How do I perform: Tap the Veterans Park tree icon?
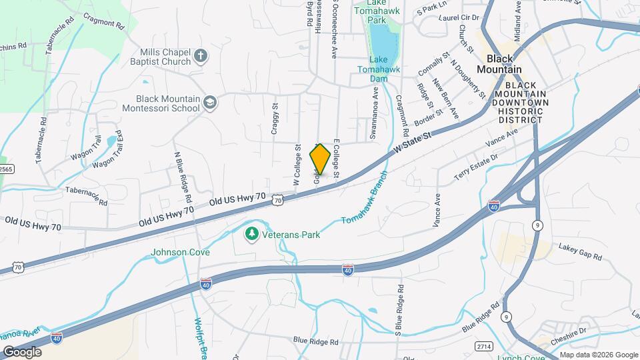[251, 234]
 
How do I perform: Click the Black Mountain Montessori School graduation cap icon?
[210, 103]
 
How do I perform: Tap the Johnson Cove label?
[180, 253]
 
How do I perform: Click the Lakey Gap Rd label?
[580, 251]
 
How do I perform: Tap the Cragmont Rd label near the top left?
[105, 23]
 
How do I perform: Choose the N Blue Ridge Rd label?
[183, 177]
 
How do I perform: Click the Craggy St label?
[274, 119]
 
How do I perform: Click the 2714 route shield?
[485, 347]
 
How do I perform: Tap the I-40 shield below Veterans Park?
[348, 269]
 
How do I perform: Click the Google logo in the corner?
[22, 351]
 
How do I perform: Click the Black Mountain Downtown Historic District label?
[521, 102]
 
